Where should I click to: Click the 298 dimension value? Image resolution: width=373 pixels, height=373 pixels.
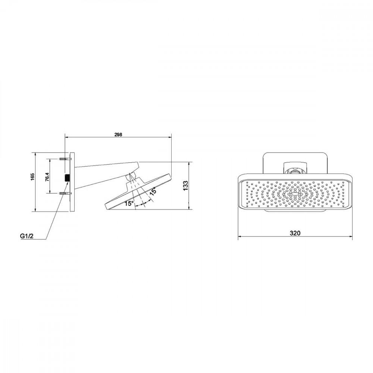coord(118,134)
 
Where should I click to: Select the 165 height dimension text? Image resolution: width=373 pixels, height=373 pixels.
coord(32,176)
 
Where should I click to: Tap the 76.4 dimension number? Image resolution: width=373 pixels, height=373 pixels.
coord(47,177)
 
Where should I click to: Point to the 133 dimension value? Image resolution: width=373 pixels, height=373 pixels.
coord(186,185)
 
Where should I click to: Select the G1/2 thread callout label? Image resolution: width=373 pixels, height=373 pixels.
coord(26,236)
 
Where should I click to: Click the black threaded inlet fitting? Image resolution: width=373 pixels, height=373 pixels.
coord(67,178)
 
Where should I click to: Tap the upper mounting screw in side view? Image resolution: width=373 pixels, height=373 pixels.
coord(64,159)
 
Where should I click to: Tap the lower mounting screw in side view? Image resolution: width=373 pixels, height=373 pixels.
coord(64,193)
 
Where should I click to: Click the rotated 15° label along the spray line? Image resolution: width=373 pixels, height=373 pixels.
coord(153,191)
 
